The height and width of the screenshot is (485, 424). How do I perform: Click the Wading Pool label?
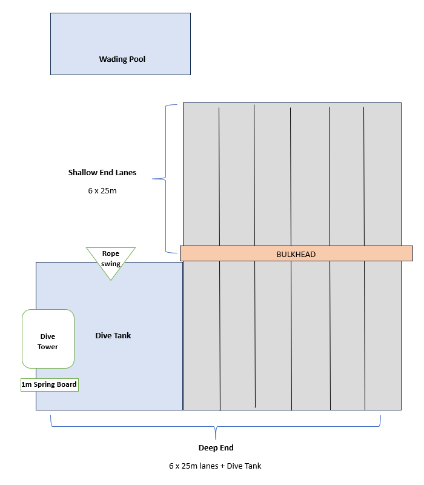pos(122,59)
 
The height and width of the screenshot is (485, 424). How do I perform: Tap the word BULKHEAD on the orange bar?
pos(296,254)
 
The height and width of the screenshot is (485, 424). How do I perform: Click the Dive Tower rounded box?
pos(48,339)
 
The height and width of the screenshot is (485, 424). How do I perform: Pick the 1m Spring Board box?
pos(50,384)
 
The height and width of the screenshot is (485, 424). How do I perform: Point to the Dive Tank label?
pos(113,335)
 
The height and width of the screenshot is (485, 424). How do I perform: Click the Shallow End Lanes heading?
pos(102,173)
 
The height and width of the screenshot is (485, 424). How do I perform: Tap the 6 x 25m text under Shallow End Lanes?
pos(102,190)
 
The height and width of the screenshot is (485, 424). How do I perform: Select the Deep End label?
pos(216,448)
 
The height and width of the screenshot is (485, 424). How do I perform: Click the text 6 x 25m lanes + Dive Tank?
pos(215,466)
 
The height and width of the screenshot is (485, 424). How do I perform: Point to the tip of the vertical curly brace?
pos(153,179)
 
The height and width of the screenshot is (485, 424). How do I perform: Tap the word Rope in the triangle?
pos(111,254)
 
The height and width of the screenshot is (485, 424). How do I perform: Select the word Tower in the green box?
pos(48,347)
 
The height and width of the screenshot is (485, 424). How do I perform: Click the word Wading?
pos(112,59)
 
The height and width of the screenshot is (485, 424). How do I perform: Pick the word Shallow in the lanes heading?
pos(82,173)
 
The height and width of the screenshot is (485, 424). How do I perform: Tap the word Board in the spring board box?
pos(66,384)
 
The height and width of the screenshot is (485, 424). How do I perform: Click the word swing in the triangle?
pos(111,264)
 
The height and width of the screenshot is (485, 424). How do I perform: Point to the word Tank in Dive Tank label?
pos(122,335)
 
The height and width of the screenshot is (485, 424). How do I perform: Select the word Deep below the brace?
pos(208,448)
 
